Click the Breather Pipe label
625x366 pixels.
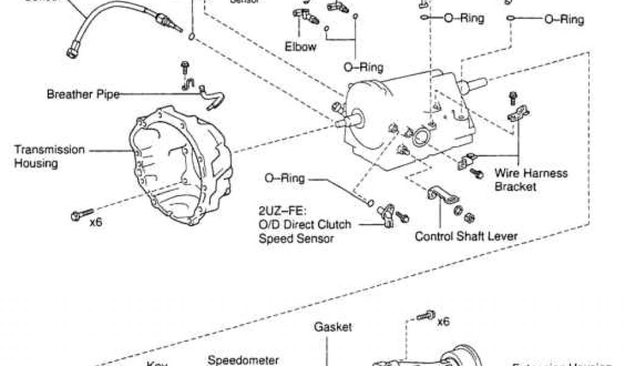pyautogui.click(x=84, y=95)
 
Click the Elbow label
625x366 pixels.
pyautogui.click(x=301, y=46)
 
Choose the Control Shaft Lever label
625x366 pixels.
pyautogui.click(x=466, y=236)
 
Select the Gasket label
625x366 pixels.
pyautogui.click(x=333, y=327)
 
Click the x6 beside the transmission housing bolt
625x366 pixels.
pyautogui.click(x=96, y=222)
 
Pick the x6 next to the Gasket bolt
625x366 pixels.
pyautogui.click(x=443, y=321)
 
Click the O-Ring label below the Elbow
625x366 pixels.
pyautogui.click(x=363, y=67)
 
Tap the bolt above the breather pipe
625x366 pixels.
pyautogui.click(x=184, y=67)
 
